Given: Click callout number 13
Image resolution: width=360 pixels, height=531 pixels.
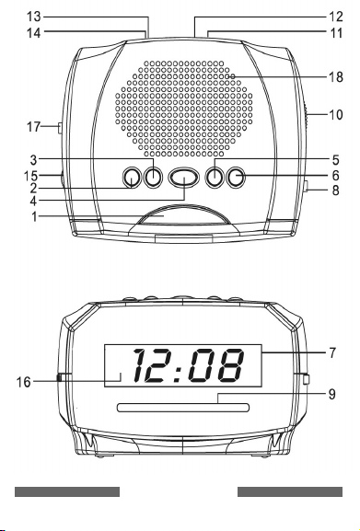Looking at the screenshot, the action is pyautogui.click(x=33, y=17).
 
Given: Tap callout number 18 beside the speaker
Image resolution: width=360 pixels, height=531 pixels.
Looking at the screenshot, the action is pyautogui.click(x=336, y=77).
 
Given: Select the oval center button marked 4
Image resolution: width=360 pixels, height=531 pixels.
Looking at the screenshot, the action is pyautogui.click(x=184, y=178).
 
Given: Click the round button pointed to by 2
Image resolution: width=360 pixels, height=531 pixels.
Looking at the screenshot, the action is pyautogui.click(x=132, y=178).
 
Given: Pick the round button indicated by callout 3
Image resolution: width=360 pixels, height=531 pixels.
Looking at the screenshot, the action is pyautogui.click(x=153, y=178).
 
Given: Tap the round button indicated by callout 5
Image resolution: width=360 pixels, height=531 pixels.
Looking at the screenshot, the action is pyautogui.click(x=215, y=178).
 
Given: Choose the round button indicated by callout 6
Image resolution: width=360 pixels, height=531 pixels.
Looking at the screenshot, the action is pyautogui.click(x=236, y=178).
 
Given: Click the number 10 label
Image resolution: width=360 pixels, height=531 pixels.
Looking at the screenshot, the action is pyautogui.click(x=336, y=115).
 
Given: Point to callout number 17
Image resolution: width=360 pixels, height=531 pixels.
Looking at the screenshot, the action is pyautogui.click(x=33, y=127).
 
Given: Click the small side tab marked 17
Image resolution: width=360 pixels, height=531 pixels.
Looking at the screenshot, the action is pyautogui.click(x=60, y=128).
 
